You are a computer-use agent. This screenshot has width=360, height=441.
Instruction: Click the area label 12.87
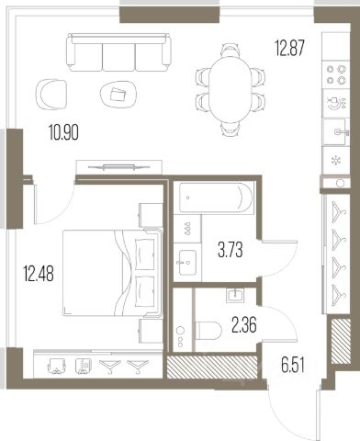(289, 49)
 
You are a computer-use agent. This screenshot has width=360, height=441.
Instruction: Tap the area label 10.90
(63, 132)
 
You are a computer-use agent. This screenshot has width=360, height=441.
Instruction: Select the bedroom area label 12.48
(39, 274)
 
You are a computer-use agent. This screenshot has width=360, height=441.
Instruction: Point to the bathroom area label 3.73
(231, 250)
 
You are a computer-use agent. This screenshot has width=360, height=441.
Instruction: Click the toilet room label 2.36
(244, 325)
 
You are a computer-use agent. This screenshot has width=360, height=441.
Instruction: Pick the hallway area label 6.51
(293, 366)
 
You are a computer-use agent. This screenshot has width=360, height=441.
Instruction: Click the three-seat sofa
(118, 52)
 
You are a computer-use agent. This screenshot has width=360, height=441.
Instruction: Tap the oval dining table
(231, 90)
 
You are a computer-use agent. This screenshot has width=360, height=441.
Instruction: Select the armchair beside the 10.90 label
(51, 94)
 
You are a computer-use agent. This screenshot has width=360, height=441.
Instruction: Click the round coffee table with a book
(119, 94)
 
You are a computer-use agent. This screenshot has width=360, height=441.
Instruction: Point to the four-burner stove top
(336, 74)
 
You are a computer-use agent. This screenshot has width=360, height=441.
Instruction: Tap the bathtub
(216, 198)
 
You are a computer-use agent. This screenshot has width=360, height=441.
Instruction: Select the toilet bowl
(208, 331)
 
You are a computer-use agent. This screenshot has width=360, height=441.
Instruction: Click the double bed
(113, 273)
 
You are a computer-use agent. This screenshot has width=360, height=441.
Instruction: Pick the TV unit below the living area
(118, 167)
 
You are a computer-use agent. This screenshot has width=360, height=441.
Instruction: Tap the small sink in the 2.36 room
(235, 296)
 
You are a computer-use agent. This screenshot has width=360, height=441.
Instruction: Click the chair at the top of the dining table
(231, 50)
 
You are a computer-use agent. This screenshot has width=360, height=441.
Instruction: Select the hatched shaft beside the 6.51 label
(341, 341)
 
